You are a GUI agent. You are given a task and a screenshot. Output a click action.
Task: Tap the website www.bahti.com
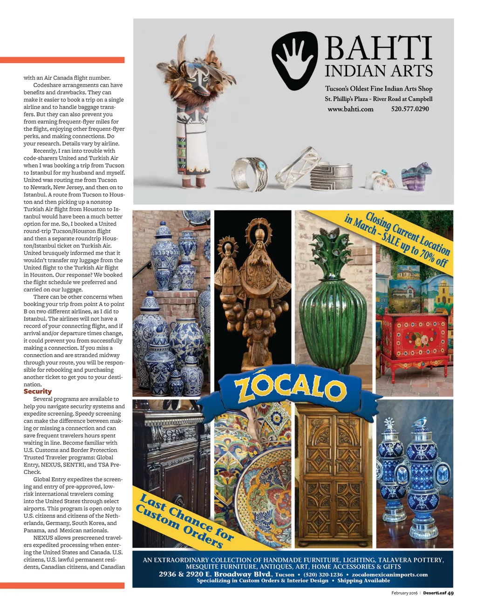click(x=350, y=109)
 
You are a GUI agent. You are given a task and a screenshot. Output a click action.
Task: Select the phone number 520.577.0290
click(x=410, y=109)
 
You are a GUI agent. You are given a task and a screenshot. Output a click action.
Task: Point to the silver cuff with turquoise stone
click(x=249, y=173)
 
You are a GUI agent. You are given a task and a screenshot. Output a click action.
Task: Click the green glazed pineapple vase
click(x=334, y=303)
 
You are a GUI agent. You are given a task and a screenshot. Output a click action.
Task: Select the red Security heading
click(x=38, y=392)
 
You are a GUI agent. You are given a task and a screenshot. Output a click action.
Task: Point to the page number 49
click(x=450, y=593)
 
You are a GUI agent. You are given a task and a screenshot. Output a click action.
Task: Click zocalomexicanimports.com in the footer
click(x=389, y=574)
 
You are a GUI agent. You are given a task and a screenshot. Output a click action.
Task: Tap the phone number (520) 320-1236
click(x=323, y=574)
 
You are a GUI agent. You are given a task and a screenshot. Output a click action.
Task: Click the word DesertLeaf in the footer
click(x=435, y=593)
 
